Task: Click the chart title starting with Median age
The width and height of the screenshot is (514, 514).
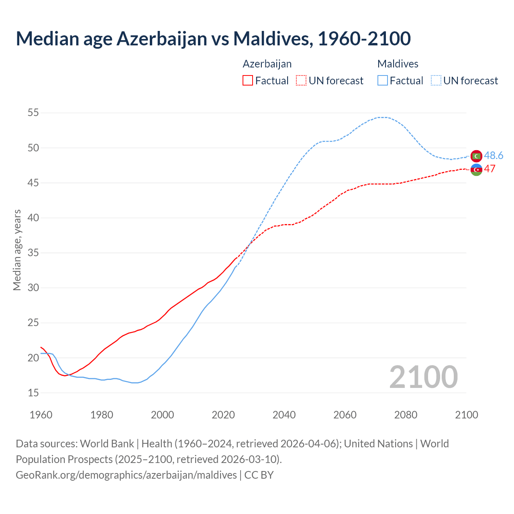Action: pos(213,39)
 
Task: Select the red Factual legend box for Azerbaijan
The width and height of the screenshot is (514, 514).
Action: pos(248,81)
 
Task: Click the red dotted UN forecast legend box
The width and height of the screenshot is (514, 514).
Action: pos(301,81)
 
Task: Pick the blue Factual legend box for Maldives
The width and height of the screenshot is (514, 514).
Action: pos(383,81)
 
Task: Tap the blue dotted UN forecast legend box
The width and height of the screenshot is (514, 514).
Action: pos(436,81)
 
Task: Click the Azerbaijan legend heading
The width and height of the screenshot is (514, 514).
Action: pos(267,64)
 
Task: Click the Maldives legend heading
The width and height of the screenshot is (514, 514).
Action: pos(398,64)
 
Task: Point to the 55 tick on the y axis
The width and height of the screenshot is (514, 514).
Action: pos(33,113)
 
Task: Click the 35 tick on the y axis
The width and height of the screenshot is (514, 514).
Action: pos(33,253)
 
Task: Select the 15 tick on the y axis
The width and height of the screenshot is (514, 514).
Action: pos(33,393)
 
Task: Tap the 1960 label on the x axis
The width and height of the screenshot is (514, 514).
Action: pos(41,415)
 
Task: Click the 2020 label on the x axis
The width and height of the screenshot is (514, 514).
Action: pos(223,415)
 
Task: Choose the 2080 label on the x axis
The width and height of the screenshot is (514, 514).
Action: pos(406,415)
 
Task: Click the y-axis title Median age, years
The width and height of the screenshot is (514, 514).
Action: pos(17,250)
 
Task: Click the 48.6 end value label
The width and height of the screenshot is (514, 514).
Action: pos(494,155)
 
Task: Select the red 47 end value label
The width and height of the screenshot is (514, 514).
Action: pos(490,169)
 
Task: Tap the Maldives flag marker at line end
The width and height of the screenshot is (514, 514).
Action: pos(476,156)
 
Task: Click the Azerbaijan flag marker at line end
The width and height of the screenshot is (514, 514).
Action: pos(476,170)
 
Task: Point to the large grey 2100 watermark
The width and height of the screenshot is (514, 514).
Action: pos(423,377)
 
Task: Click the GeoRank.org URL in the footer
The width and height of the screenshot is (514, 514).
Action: pos(126,475)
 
